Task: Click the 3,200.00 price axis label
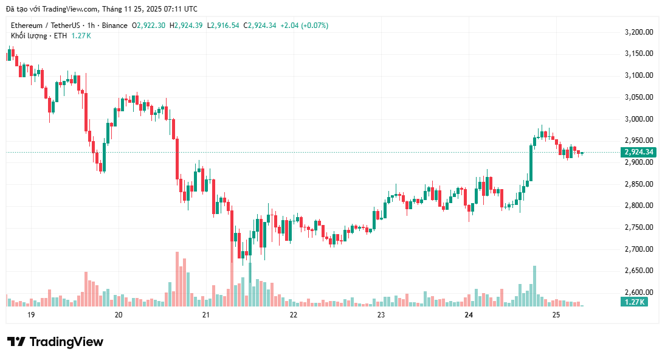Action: point(639,32)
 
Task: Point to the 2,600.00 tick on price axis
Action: point(639,292)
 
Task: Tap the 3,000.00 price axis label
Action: point(639,119)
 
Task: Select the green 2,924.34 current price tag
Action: point(639,152)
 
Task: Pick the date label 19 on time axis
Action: point(31,315)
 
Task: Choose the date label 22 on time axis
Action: point(294,315)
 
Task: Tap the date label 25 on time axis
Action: point(556,315)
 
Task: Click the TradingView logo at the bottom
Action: point(55,342)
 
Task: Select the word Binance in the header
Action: point(115,26)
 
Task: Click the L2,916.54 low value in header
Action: point(224,26)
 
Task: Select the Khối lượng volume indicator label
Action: point(29,36)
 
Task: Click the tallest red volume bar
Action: point(177,279)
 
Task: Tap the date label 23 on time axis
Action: point(381,315)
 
